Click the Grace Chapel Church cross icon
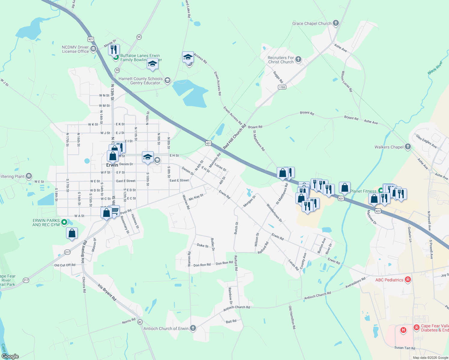(x=336, y=23)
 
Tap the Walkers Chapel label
(x=389, y=147)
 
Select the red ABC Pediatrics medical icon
(x=408, y=280)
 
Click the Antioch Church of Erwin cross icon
(x=193, y=328)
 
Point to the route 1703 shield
(x=282, y=87)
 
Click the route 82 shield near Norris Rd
(x=140, y=322)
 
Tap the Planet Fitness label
(x=363, y=191)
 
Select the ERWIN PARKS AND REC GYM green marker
(x=64, y=222)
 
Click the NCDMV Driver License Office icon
(x=93, y=49)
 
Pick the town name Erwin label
(x=112, y=165)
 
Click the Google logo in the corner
(x=10, y=356)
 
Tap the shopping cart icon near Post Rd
(x=115, y=211)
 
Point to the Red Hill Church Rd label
(x=234, y=136)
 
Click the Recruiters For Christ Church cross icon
(x=298, y=59)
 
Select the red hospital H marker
(x=403, y=330)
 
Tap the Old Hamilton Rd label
(x=292, y=318)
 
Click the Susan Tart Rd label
(x=405, y=348)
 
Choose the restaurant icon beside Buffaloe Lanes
(x=114, y=49)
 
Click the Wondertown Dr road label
(x=274, y=213)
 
